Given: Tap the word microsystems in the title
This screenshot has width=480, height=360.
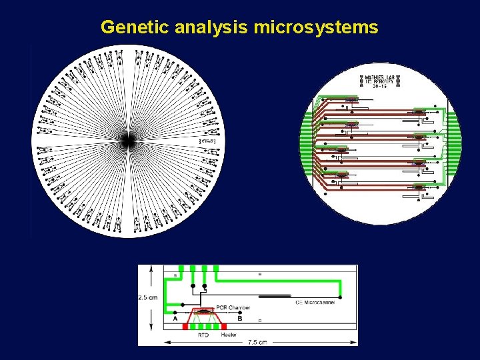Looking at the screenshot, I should tap(316, 27).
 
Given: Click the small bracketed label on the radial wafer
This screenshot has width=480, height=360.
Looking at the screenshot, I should tap(207, 142).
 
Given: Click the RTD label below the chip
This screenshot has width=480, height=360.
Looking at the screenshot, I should tap(203, 336).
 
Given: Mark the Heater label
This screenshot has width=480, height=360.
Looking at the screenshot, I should tap(229, 336).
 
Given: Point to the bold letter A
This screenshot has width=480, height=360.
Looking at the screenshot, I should tap(175, 319).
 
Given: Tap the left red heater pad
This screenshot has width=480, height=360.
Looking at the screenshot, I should tap(185, 327).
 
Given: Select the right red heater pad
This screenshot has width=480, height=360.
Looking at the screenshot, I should tap(223, 327).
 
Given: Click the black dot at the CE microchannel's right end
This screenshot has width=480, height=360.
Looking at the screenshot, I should tap(340, 296).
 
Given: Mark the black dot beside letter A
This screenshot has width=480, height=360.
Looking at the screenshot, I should tap(175, 311).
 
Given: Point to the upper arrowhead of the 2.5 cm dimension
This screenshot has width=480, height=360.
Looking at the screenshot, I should tap(150, 269).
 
